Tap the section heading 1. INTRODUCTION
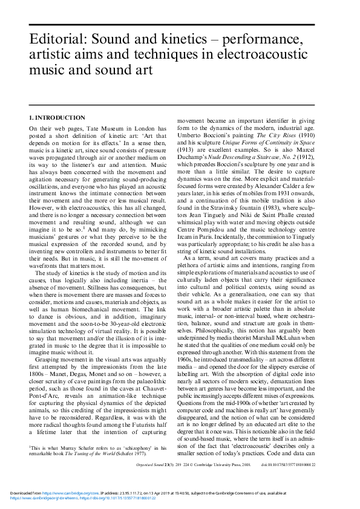[x=57, y=117]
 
